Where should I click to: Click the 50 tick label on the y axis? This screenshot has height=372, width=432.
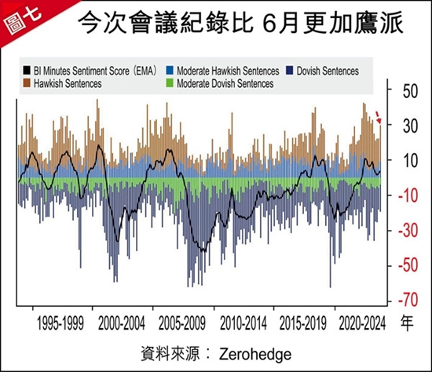410,91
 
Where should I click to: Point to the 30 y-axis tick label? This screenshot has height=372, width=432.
410,126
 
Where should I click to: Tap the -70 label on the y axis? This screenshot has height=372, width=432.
408,300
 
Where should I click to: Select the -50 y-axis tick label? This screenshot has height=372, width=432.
408,265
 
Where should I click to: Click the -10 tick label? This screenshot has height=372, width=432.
408,195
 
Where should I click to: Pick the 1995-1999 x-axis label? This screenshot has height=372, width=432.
60,323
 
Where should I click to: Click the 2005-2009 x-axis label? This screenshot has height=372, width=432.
182,323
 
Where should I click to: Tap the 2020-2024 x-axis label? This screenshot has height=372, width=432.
362,323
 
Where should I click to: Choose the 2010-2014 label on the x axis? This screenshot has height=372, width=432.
243,323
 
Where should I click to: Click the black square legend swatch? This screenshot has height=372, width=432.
27,71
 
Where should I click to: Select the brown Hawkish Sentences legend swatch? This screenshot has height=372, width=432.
27,83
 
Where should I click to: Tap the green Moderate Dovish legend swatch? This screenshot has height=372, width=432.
170,83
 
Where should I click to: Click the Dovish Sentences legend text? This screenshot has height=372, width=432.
328,71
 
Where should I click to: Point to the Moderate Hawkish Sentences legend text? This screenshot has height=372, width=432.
228,71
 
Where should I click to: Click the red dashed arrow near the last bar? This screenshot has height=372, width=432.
379,117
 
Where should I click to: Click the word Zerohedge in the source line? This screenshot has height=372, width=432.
255,354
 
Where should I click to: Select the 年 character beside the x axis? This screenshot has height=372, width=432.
407,323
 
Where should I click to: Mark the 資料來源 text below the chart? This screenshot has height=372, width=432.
170,353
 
